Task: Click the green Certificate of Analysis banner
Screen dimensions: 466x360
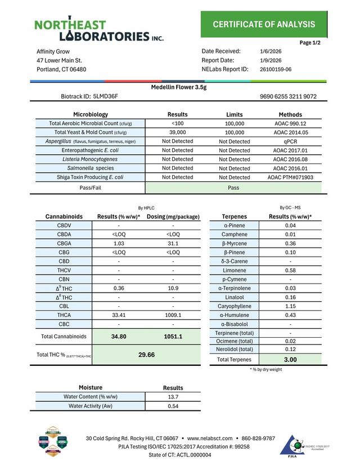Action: pos(264,24)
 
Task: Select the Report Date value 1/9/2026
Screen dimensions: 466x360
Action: pos(271,60)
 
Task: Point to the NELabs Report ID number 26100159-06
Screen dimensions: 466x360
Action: pos(276,70)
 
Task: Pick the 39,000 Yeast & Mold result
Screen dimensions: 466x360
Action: pos(178,132)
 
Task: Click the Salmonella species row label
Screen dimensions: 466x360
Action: pos(91,168)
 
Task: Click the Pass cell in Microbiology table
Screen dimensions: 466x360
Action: pos(234,187)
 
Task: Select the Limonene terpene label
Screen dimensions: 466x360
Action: pos(235,270)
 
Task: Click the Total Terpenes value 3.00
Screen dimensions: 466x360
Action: pos(290,360)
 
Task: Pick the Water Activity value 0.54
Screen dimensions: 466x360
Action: pos(173,406)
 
